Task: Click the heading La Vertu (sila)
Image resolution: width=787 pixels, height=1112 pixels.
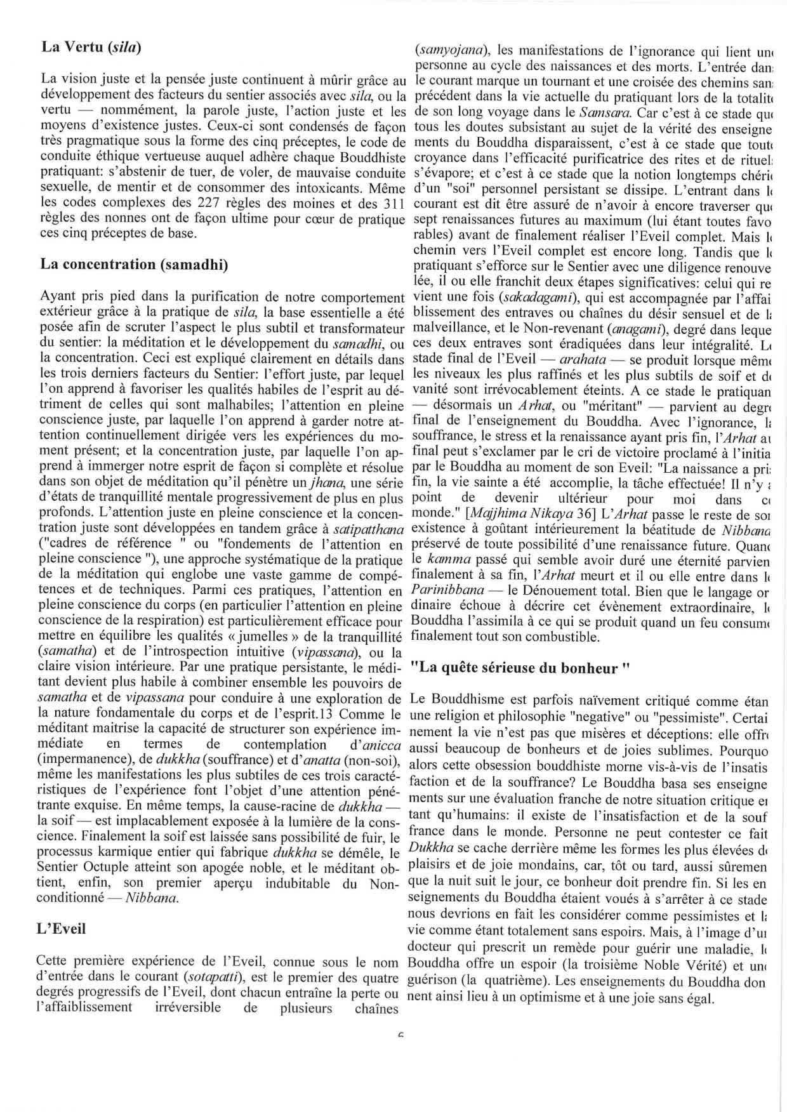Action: click(x=91, y=46)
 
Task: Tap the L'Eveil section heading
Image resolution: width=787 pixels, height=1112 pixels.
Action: click(x=62, y=929)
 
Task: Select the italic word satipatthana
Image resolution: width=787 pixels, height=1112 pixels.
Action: click(x=371, y=528)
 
